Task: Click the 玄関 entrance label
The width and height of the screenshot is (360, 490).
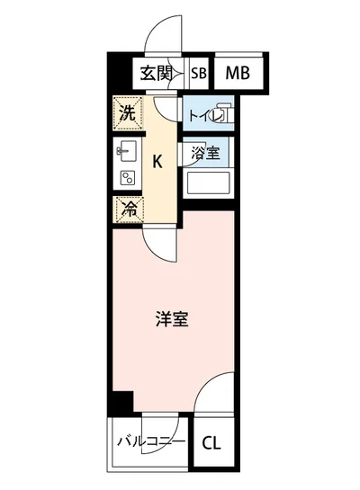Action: [x=158, y=74]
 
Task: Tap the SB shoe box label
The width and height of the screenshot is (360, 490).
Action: [x=197, y=74]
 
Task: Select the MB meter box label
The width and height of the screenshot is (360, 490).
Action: [x=238, y=74]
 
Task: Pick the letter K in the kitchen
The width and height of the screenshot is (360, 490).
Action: [x=158, y=163]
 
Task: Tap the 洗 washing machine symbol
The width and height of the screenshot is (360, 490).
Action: [x=128, y=113]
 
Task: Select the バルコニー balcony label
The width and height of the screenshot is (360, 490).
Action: [x=151, y=441]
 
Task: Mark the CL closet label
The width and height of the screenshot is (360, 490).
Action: [x=211, y=442]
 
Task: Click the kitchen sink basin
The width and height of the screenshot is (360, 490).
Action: [x=127, y=150]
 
